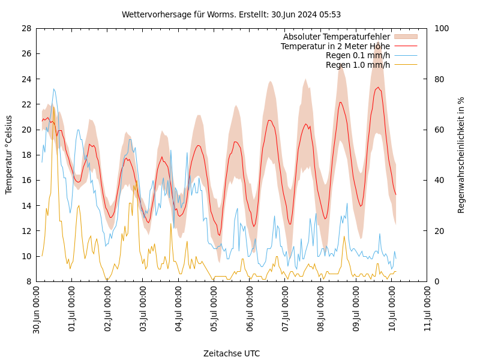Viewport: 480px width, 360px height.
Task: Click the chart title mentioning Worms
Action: pyautogui.click(x=231, y=14)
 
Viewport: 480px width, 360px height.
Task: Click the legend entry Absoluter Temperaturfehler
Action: pyautogui.click(x=336, y=37)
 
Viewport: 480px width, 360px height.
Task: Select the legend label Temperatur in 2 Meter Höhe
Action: pyautogui.click(x=335, y=46)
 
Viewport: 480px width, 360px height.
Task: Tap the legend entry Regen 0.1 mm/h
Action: pyautogui.click(x=358, y=56)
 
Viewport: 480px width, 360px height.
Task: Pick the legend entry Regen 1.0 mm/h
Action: pyautogui.click(x=358, y=65)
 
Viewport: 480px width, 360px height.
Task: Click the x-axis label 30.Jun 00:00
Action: pyautogui.click(x=37, y=310)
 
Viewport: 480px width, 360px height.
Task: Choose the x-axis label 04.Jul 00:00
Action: pyautogui.click(x=179, y=310)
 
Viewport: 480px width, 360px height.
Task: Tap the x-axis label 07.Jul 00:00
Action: pyautogui.click(x=286, y=310)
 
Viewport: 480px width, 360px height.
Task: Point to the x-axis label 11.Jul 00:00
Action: pyautogui.click(x=428, y=310)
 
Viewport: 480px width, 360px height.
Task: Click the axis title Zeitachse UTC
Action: pyautogui.click(x=231, y=353)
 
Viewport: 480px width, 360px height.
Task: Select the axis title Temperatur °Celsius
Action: pyautogui.click(x=9, y=155)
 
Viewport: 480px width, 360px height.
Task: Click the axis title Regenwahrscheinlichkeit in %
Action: pyautogui.click(x=461, y=155)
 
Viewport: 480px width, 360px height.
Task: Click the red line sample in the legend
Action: pyautogui.click(x=405, y=46)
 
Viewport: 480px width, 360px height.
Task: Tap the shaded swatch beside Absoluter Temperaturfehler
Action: pyautogui.click(x=405, y=37)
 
